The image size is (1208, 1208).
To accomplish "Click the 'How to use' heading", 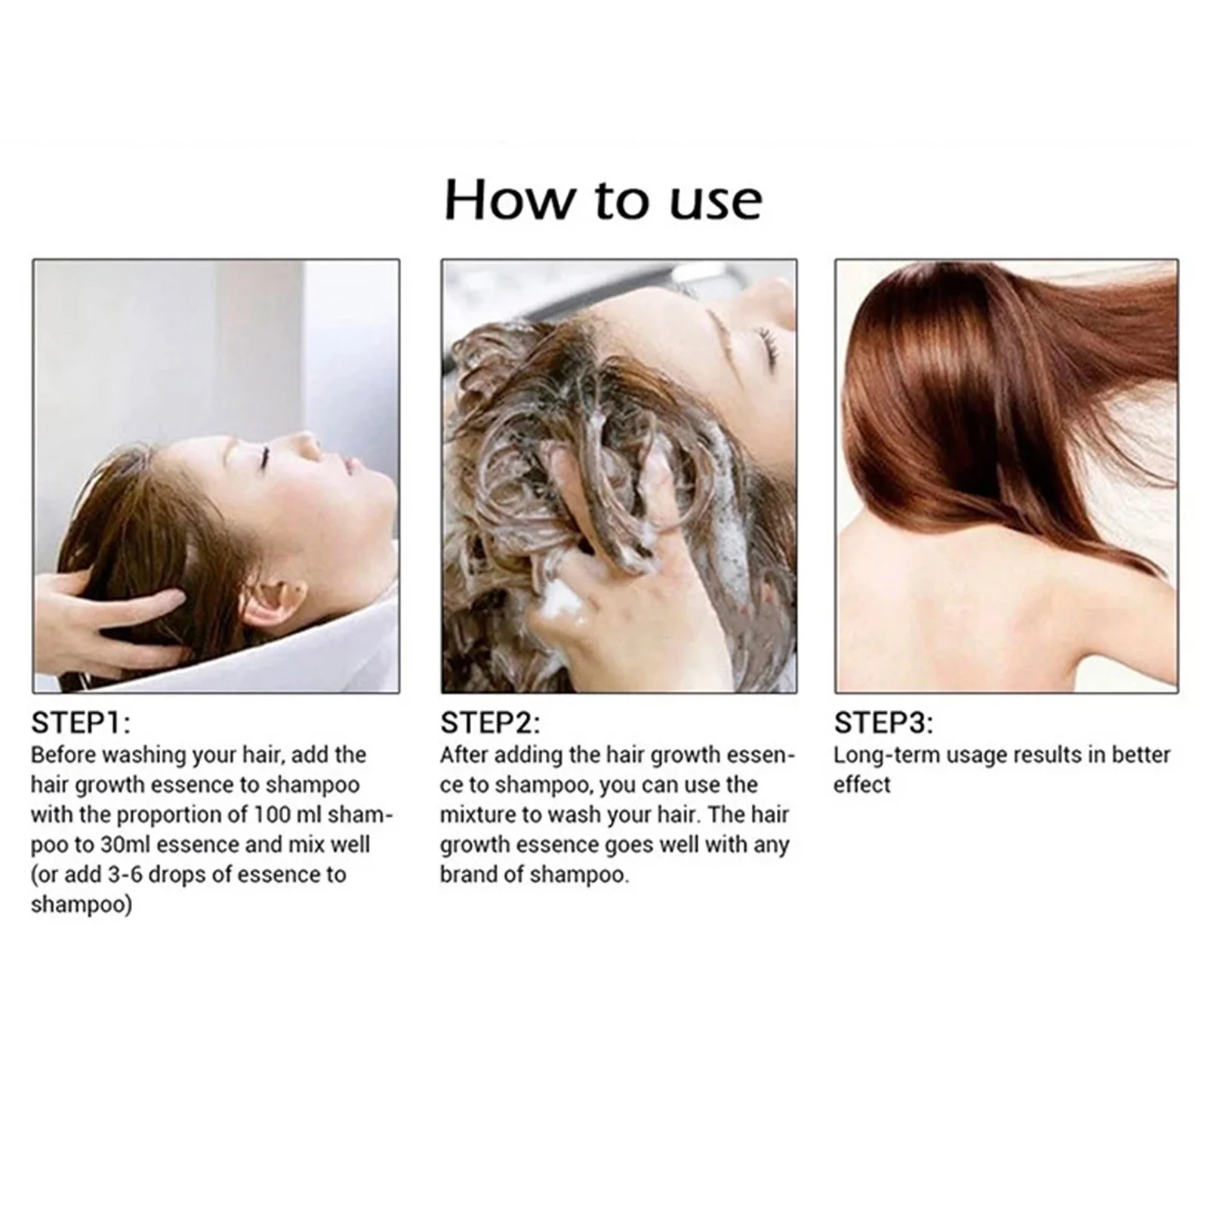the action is point(603,200).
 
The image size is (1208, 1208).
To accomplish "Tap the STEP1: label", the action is point(81,723).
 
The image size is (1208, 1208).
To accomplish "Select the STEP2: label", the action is point(490,723).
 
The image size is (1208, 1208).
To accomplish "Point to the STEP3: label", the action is point(883,723).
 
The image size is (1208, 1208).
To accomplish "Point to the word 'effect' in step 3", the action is point(862,784).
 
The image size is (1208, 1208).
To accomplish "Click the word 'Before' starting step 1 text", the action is point(63,754).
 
